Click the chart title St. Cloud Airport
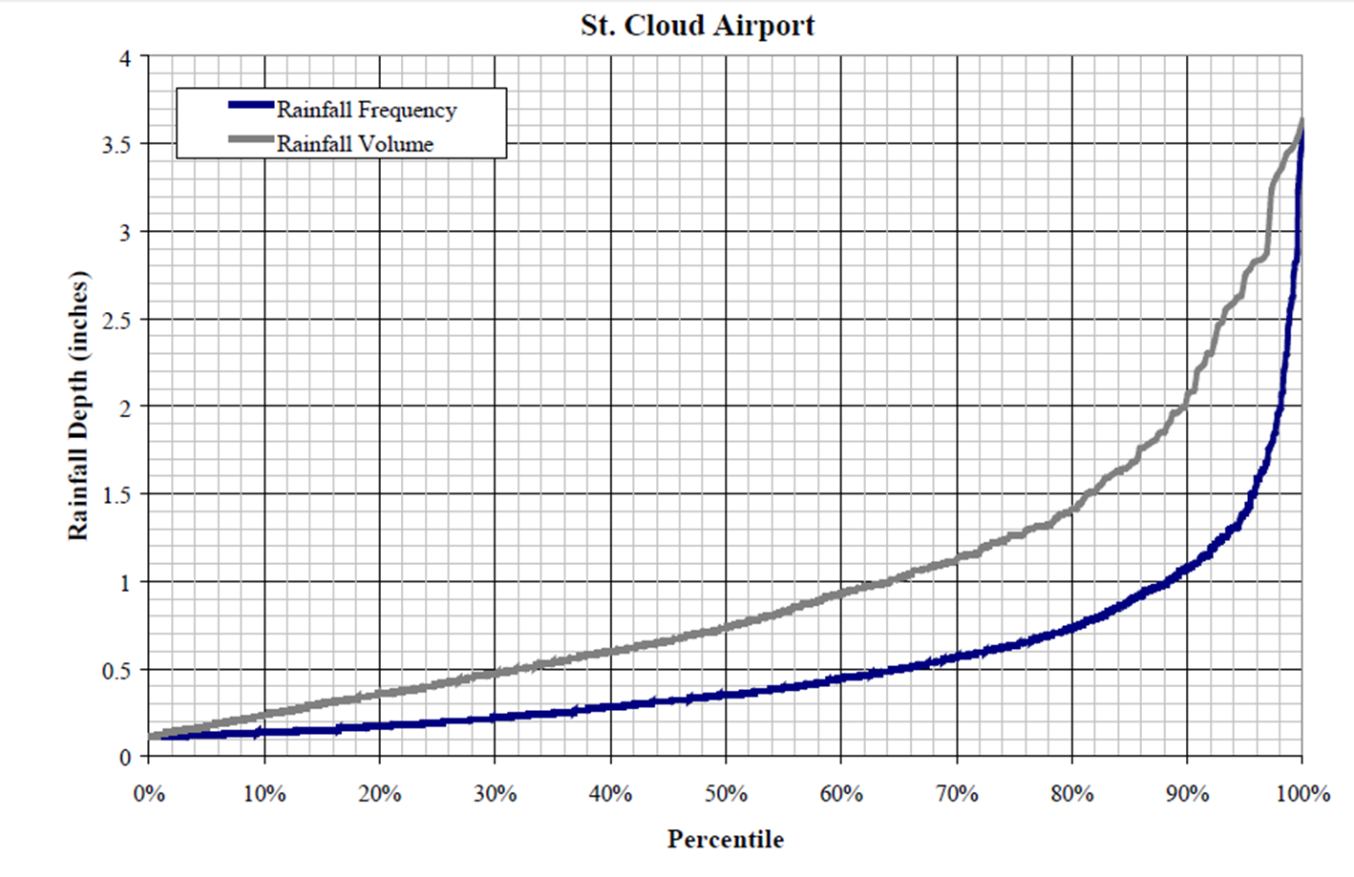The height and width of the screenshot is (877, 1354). pos(697,26)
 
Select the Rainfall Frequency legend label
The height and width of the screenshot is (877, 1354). pos(367,110)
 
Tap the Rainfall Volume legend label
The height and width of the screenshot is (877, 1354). pos(355,144)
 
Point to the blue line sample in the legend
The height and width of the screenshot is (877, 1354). pos(250,105)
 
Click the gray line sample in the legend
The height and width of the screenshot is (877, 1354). pos(250,139)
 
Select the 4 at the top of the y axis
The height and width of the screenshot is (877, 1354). pos(124,58)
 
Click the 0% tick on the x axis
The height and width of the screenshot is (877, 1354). pos(149,794)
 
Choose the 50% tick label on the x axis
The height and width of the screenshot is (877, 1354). pos(726,794)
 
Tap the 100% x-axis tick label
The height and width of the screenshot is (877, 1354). pos(1303,794)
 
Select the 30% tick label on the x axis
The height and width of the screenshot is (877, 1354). pos(495,794)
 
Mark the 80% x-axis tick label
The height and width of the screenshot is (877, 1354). pos(1072,794)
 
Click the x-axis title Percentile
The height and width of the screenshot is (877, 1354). pos(726,840)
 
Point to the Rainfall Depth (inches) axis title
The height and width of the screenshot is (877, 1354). pos(78,406)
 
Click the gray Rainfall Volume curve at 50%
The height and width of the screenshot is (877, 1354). pos(726,627)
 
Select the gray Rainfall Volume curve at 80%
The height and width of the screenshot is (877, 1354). pos(1072,509)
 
